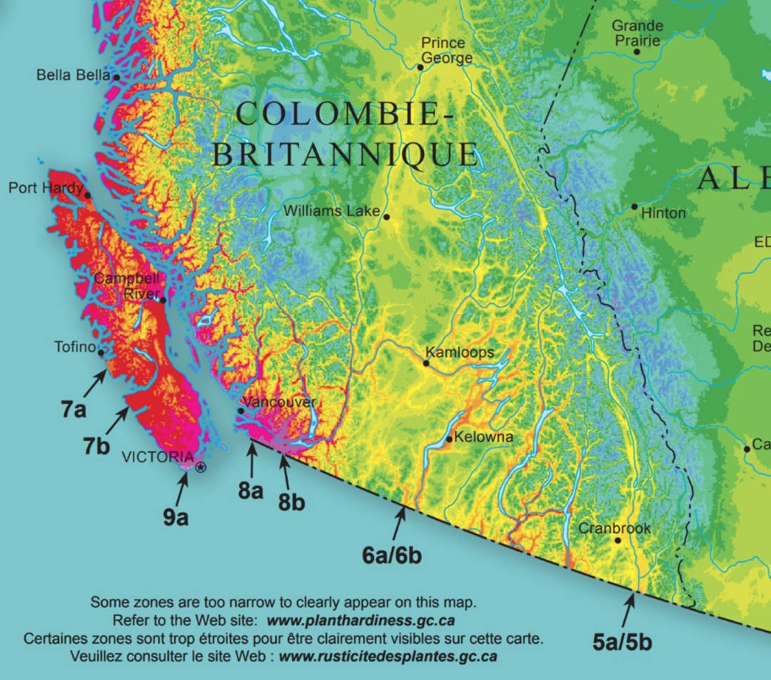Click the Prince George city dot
(420, 67)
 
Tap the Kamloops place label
(459, 352)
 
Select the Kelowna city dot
(449, 438)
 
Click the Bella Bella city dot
(116, 76)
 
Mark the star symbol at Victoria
(201, 468)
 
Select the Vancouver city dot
(241, 410)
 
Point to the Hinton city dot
(634, 207)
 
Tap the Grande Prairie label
(637, 33)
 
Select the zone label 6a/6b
(392, 554)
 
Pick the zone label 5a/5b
(622, 641)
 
